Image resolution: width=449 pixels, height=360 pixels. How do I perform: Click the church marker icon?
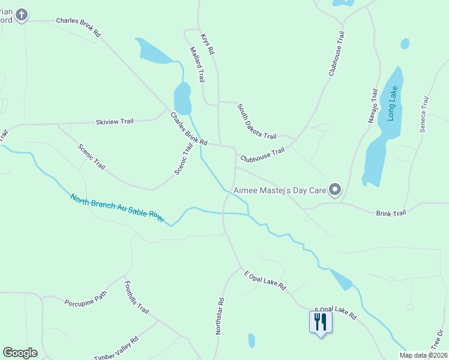click(22, 14)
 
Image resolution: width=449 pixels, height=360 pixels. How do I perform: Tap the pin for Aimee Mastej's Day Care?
click(335, 190)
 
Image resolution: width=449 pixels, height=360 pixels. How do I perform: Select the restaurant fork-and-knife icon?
click(321, 322)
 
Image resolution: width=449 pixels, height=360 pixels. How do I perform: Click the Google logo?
click(20, 353)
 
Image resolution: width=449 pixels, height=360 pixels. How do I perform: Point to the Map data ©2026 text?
click(423, 355)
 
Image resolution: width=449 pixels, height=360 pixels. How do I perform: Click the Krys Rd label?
click(208, 44)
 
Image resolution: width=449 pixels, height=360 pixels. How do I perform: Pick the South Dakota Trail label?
click(256, 121)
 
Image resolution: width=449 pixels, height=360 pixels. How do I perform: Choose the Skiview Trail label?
click(114, 122)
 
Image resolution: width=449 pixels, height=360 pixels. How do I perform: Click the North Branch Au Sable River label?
click(117, 208)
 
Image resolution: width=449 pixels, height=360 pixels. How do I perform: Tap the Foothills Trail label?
click(136, 298)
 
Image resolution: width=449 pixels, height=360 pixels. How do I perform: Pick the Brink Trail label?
click(391, 213)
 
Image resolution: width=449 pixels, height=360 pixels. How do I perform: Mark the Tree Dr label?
click(438, 340)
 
